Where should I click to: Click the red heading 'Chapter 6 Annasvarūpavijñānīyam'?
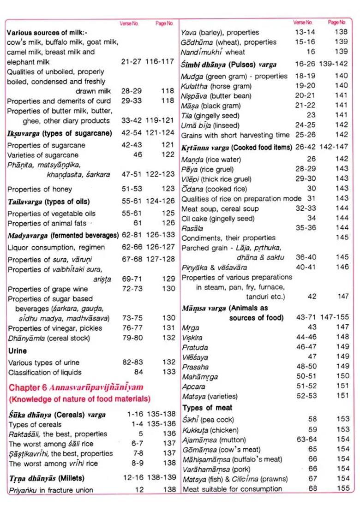click(x=76, y=387)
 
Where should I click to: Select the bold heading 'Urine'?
click(x=18, y=351)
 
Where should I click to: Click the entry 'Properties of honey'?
click(x=40, y=189)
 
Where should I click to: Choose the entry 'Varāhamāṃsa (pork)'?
click(x=214, y=469)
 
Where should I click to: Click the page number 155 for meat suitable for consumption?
click(x=342, y=488)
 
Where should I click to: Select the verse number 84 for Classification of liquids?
click(x=138, y=372)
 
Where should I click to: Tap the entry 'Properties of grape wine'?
click(x=48, y=289)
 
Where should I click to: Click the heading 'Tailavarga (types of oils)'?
click(x=49, y=202)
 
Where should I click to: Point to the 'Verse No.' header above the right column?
click(x=303, y=22)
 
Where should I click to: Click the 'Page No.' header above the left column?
click(x=164, y=24)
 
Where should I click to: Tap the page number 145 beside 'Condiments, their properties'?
click(x=342, y=238)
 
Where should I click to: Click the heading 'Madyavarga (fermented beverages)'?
click(x=63, y=235)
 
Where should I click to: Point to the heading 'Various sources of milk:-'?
click(x=47, y=33)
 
